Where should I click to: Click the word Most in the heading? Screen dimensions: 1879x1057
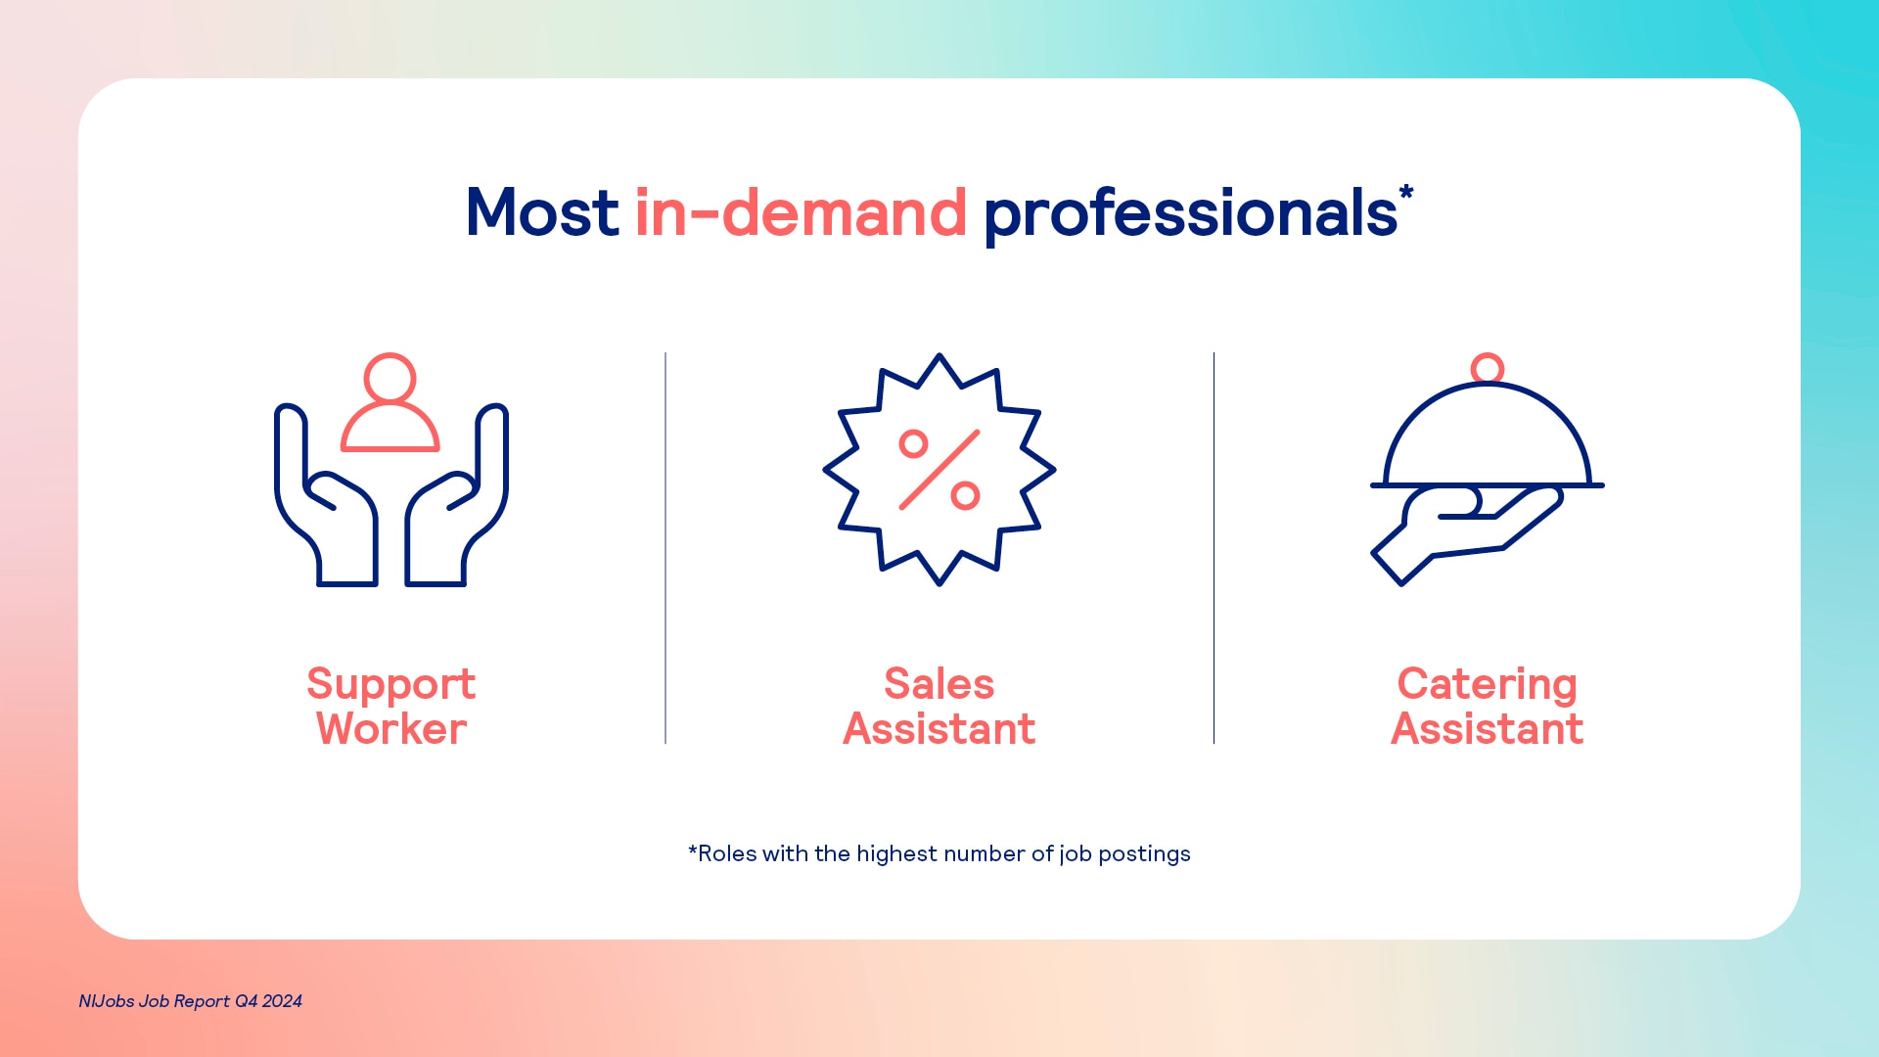[x=541, y=212]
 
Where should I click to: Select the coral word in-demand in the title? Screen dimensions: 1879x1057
[x=801, y=212]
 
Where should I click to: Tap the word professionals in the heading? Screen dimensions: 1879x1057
[x=1190, y=214]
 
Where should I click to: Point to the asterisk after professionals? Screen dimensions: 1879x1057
[x=1406, y=192]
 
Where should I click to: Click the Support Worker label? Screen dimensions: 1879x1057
[x=391, y=706]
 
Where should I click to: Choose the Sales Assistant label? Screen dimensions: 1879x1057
[x=939, y=706]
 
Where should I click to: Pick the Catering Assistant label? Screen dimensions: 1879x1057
[x=1488, y=706]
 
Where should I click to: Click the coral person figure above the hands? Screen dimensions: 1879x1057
[x=390, y=402]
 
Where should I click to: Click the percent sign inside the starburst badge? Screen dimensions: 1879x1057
[x=939, y=470]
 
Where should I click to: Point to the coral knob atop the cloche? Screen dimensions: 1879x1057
[x=1488, y=368]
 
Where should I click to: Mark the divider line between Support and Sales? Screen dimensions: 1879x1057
[x=665, y=548]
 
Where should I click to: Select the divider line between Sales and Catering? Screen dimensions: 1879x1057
[x=1214, y=548]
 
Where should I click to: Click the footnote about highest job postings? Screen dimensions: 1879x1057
[x=939, y=853]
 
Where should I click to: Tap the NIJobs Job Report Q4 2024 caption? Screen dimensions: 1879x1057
[x=191, y=1001]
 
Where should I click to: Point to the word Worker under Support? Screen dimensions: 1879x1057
[x=391, y=729]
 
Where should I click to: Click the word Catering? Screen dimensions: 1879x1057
[x=1488, y=685]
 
